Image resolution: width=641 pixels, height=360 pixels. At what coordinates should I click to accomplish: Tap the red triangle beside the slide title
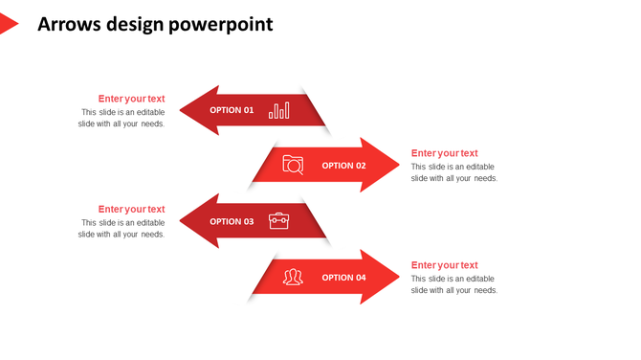8,24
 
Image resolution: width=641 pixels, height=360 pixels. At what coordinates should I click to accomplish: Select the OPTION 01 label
232,110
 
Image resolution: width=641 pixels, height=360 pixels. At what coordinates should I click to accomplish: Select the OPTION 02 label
343,166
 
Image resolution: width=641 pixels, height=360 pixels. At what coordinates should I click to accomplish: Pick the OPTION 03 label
232,221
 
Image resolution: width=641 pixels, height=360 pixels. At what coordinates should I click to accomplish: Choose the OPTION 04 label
343,278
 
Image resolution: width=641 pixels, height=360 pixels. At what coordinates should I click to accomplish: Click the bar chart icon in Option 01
278,110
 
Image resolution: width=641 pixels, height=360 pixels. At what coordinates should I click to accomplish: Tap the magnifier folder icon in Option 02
293,165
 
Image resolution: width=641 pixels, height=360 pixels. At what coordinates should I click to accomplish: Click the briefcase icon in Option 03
278,221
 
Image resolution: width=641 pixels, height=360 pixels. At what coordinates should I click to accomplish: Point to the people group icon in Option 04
293,278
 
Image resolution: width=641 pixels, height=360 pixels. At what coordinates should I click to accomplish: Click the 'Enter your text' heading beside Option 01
131,99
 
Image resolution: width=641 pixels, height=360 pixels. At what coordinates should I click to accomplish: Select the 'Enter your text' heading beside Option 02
444,153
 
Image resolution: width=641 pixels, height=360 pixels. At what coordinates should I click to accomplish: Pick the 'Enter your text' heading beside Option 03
131,209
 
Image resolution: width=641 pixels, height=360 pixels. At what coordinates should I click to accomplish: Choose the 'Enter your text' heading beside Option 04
444,265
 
